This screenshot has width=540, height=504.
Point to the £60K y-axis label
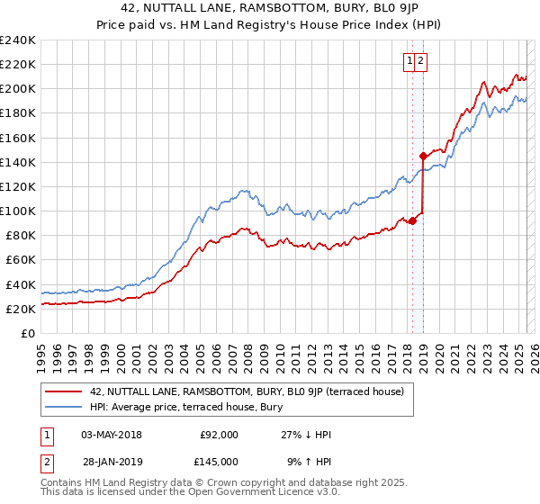[20, 260]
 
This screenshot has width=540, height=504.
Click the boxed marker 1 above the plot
[409, 61]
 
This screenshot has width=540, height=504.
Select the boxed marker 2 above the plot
[420, 61]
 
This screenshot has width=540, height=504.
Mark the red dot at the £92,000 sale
[412, 220]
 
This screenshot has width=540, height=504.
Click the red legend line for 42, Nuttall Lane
[64, 392]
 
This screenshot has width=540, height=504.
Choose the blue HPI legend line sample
[64, 407]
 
